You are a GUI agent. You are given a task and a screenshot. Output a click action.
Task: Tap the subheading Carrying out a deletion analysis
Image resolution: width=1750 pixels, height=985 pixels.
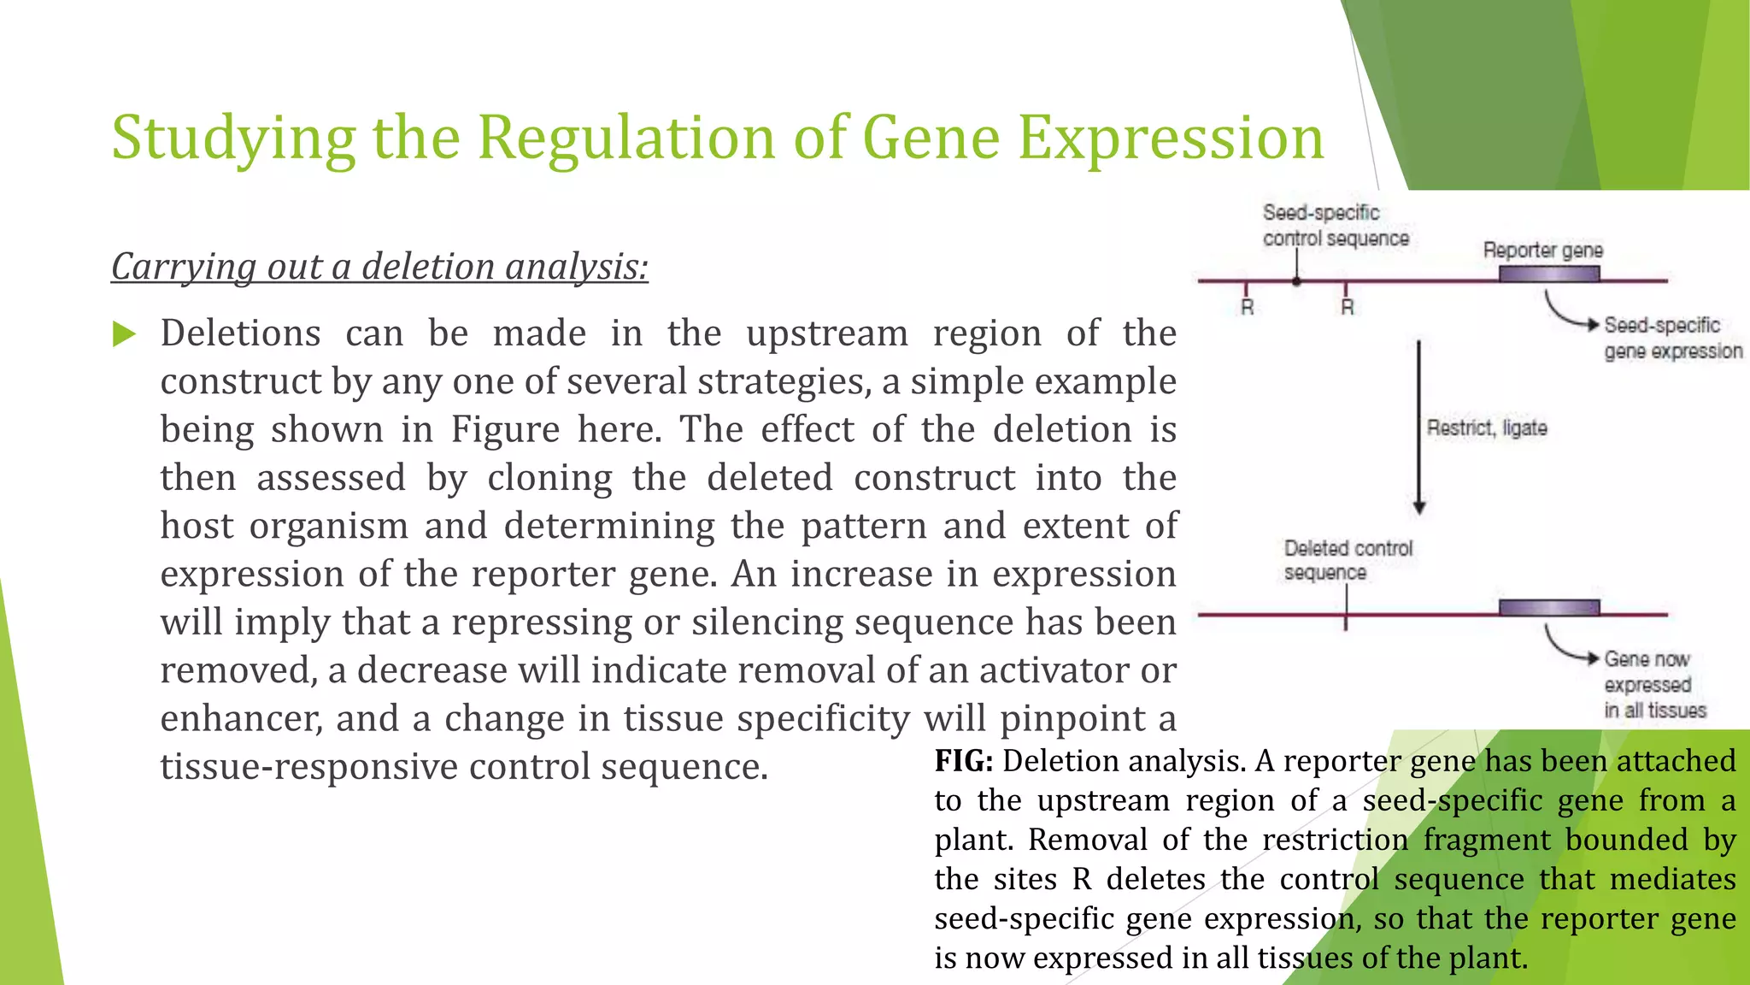pos(379,267)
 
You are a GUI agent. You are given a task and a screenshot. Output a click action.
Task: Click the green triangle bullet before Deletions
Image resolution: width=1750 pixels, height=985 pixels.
pos(125,334)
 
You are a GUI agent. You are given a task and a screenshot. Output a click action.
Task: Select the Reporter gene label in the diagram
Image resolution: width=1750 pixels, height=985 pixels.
pos(1542,251)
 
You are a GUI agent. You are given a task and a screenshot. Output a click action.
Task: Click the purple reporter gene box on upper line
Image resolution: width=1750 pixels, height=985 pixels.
pos(1548,274)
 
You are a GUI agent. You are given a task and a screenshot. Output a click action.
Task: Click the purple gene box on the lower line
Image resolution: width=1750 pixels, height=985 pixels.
pos(1548,608)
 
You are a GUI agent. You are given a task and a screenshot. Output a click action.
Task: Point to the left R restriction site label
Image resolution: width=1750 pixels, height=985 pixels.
pos(1247,308)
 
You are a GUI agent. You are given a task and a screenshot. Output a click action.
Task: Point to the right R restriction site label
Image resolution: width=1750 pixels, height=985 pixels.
pos(1347,308)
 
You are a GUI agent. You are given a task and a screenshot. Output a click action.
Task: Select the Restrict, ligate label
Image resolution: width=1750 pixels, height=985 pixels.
pos(1487,428)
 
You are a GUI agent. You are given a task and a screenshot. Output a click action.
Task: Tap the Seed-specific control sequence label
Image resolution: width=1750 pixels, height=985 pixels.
pos(1335,226)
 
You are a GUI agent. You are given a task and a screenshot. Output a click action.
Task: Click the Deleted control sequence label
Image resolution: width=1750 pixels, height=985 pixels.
pos(1348,560)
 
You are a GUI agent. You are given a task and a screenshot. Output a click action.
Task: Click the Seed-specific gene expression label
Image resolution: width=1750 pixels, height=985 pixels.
pos(1671,338)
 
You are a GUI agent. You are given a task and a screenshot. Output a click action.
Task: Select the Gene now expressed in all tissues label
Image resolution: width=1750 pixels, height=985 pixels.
pos(1653,684)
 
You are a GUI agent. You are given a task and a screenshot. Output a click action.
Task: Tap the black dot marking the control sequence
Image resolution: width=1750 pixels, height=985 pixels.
pos(1296,280)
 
